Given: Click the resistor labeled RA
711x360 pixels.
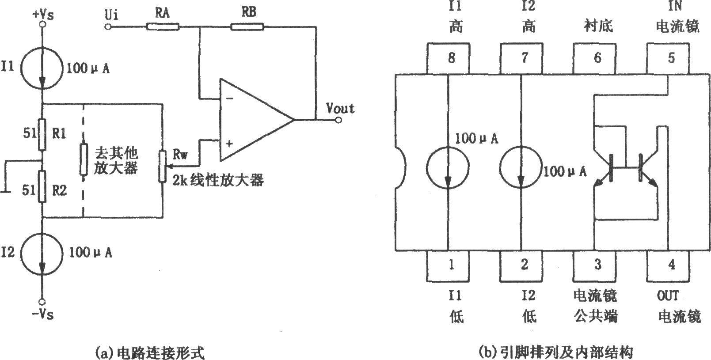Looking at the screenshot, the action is pos(163,27).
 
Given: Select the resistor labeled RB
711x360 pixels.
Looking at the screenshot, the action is pos(247,27).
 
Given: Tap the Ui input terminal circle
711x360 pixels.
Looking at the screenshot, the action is pos(108,27).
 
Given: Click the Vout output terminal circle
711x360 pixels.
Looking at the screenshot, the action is pos(338,120).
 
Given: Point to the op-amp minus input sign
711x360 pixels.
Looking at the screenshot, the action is pos(230,99).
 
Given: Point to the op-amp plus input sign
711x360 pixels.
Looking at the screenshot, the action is pos(229,144).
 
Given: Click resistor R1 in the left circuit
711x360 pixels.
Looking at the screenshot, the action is pos(42,134).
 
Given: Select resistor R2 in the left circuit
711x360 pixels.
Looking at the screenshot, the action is pos(42,186).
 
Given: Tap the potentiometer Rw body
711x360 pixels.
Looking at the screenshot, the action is pos(163,167).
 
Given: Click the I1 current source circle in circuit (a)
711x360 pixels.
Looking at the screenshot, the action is pos(42,68).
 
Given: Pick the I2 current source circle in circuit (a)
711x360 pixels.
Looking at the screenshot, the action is pos(42,252).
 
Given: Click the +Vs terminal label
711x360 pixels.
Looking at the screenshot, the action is pos(43,15).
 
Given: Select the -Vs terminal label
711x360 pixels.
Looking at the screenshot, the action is pos(42,315).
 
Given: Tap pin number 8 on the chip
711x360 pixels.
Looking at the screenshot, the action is pos(452,58).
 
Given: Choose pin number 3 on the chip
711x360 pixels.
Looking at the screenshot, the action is pos(598,264).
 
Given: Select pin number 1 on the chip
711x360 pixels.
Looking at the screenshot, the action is pos(451,264).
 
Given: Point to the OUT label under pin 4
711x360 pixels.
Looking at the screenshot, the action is pos(668,296).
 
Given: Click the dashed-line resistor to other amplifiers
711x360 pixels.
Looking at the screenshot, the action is pos(83,159).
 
